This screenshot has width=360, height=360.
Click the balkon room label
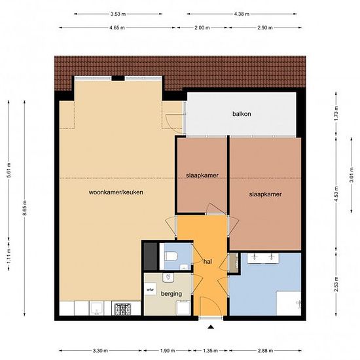[x=242, y=114]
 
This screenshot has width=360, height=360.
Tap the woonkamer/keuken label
[x=116, y=192]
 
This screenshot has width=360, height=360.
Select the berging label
[x=171, y=294]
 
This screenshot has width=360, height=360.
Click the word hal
[x=207, y=262]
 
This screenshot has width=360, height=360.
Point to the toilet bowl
[x=171, y=257]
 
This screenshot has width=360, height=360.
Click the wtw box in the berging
[x=150, y=290]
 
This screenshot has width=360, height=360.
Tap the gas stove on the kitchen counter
[x=122, y=309]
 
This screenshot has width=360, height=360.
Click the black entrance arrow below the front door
[x=211, y=327]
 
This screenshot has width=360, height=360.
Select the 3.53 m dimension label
[x=118, y=14]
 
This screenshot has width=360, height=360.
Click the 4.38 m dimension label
[x=242, y=14]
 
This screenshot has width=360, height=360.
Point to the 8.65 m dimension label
[x=25, y=207]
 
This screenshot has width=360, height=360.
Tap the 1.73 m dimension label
[x=336, y=114]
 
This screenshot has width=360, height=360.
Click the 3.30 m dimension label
[x=100, y=351]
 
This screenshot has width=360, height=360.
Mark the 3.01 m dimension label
[x=351, y=175]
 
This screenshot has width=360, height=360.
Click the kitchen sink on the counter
[x=96, y=308]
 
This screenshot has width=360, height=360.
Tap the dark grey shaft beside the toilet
[x=151, y=256]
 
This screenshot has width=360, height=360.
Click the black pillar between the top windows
[x=118, y=79]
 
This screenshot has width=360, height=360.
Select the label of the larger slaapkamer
[x=265, y=194]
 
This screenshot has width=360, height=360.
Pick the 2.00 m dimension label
[x=202, y=27]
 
